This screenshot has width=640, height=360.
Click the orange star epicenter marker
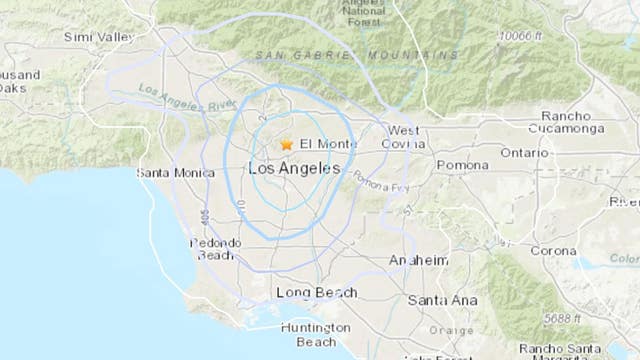pos(287,144)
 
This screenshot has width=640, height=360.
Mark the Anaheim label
pos(419,259)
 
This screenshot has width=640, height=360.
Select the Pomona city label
pos(462,164)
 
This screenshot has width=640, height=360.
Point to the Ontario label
pos(524,153)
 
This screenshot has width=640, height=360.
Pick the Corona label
pos(552,251)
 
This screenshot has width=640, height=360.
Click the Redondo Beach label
pos(216,249)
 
